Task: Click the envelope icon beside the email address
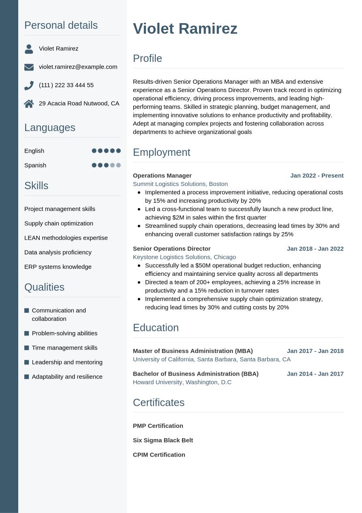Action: (29, 67)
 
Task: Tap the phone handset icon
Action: (29, 85)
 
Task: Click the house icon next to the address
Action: (29, 104)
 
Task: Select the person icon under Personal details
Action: (29, 49)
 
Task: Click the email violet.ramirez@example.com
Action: (78, 67)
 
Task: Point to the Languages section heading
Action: (50, 128)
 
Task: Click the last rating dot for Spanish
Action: (118, 165)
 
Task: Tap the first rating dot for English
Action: (94, 151)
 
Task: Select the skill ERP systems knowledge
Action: (58, 267)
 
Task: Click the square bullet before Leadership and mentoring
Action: (27, 362)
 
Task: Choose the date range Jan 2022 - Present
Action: (317, 175)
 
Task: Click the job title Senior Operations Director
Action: (171, 249)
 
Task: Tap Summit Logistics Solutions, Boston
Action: (180, 184)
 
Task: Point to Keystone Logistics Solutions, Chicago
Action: (184, 257)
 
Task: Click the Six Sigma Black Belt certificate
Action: (163, 440)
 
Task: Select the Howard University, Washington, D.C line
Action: (182, 382)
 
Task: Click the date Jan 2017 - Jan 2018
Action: (315, 351)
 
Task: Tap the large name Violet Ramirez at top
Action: (185, 29)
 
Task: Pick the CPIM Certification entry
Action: (159, 455)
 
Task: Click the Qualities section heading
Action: (44, 287)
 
